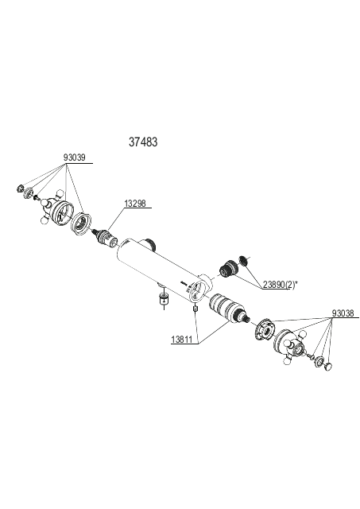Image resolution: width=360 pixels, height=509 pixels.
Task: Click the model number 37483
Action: point(143,142)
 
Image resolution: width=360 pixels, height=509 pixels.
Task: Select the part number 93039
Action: point(74,157)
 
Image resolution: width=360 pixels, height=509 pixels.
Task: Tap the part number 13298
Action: point(135,204)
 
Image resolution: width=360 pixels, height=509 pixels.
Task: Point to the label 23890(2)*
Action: point(281,285)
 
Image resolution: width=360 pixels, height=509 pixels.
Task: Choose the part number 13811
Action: point(182,340)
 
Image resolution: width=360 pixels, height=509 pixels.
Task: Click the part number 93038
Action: point(343,313)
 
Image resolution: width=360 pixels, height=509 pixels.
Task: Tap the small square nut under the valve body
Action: point(195,308)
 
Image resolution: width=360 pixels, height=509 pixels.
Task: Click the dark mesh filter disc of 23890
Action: point(243,260)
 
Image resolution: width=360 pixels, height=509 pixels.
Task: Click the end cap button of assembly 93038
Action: point(328,367)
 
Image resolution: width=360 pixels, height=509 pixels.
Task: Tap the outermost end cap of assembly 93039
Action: point(20,188)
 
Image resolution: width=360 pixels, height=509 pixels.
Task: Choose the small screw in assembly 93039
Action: point(36,196)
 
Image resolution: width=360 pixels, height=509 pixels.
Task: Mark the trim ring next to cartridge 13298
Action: point(81,223)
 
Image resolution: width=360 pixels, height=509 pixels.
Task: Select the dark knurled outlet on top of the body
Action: point(150,243)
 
